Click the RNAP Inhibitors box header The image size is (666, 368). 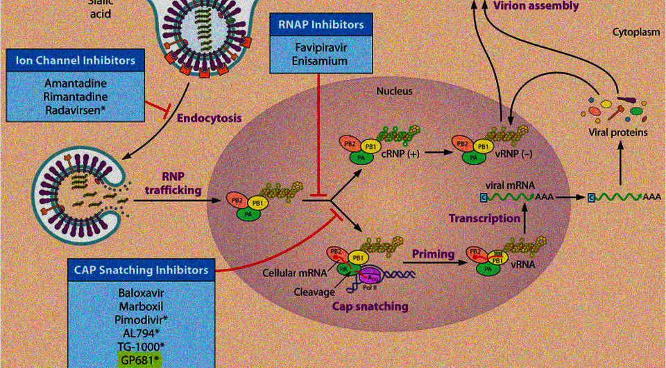(x=321, y=25)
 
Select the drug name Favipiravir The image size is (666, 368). (x=321, y=47)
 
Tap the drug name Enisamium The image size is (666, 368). (x=321, y=61)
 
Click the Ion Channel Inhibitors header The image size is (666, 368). (x=75, y=60)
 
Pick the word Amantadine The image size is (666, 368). (x=75, y=82)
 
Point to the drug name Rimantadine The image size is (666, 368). (x=75, y=96)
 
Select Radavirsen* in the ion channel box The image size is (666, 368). (x=75, y=110)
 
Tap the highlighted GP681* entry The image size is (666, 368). (x=139, y=359)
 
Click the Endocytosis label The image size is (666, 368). (x=209, y=118)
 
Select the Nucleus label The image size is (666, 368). (x=395, y=91)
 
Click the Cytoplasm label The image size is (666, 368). (x=635, y=32)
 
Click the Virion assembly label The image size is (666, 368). (x=535, y=6)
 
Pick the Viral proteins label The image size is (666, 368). (x=617, y=132)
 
